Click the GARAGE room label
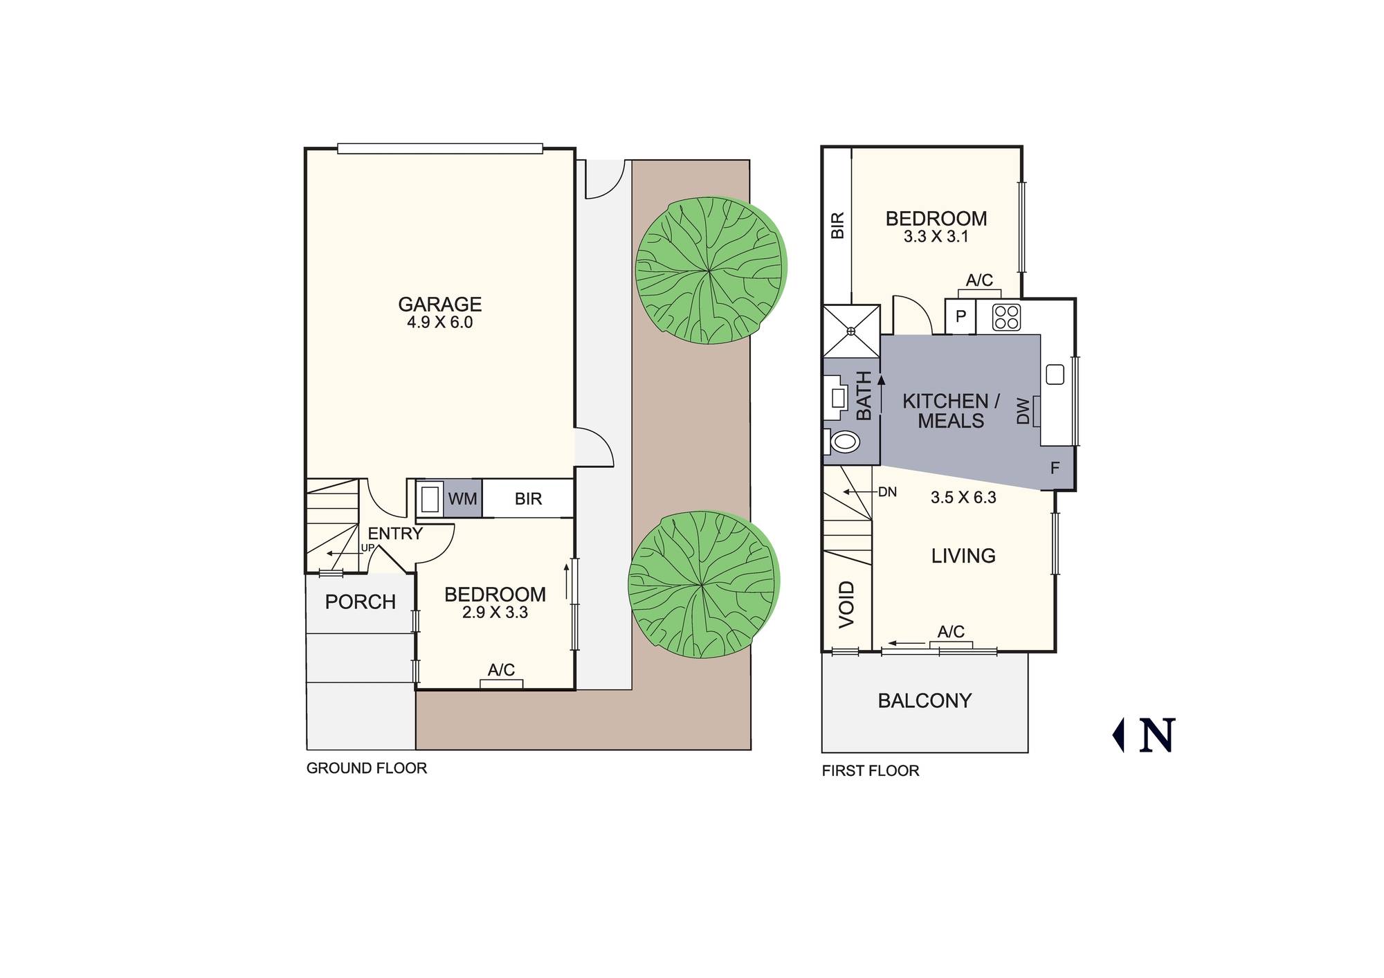(439, 305)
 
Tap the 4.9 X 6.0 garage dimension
(439, 323)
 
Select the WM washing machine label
(462, 499)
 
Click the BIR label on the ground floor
(528, 499)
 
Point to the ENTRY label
(395, 534)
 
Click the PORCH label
(361, 602)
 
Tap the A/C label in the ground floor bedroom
(501, 670)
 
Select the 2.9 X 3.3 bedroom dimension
(495, 613)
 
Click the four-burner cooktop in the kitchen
(1006, 317)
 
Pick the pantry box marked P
(960, 317)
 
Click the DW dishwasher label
(1023, 410)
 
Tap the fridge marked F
(1055, 469)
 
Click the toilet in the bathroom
(844, 441)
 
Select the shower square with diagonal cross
(851, 331)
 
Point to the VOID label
(847, 604)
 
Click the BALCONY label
(925, 701)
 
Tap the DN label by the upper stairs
(887, 492)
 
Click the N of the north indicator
(1157, 735)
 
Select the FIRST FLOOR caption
(871, 771)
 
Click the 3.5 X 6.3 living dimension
(963, 498)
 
